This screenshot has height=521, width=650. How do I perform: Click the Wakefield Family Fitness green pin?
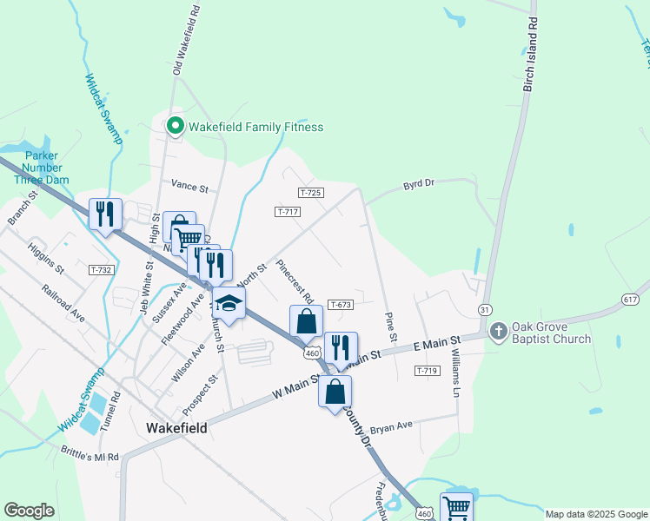[175, 127]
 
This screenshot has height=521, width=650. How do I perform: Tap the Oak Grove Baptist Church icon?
[499, 331]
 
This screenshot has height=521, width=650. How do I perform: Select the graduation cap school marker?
[229, 304]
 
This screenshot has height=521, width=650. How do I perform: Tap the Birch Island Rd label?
[529, 57]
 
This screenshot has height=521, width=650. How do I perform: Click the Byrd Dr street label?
[418, 185]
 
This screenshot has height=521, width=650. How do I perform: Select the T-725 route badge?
[310, 191]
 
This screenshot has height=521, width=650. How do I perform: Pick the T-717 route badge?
[288, 212]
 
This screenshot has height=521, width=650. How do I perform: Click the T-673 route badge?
[340, 305]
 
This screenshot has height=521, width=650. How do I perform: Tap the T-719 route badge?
[426, 371]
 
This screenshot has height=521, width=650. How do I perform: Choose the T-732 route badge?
[101, 270]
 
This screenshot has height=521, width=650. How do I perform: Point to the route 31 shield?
[486, 309]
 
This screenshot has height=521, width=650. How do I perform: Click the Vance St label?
[189, 187]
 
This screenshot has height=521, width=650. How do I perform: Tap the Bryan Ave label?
[390, 427]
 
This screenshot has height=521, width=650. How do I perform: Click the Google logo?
[29, 510]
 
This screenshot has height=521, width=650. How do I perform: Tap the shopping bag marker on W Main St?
[335, 392]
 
